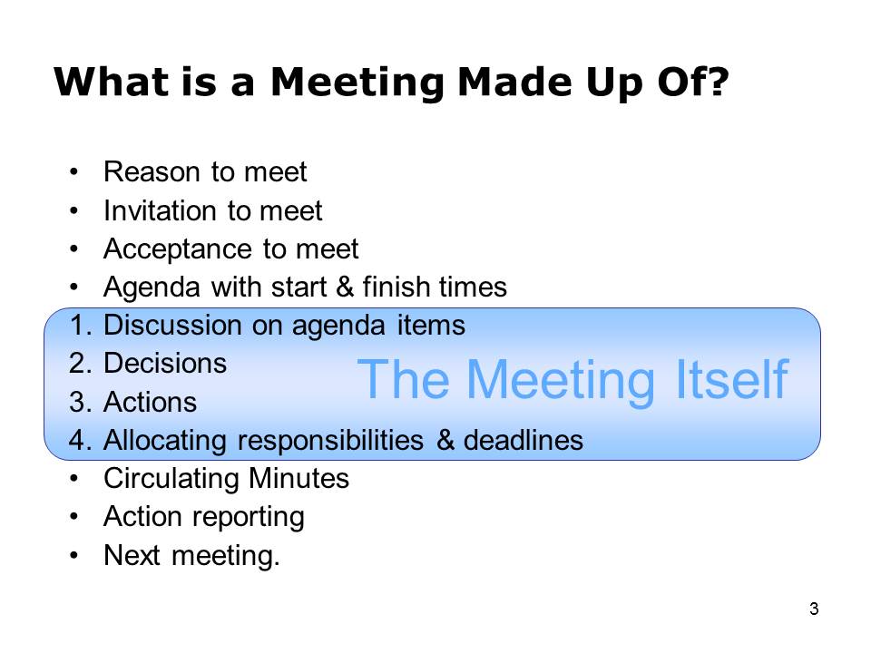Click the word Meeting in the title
pyautogui.click(x=357, y=83)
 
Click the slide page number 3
pyautogui.click(x=814, y=609)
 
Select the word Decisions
pyautogui.click(x=165, y=364)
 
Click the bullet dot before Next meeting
pyautogui.click(x=73, y=555)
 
